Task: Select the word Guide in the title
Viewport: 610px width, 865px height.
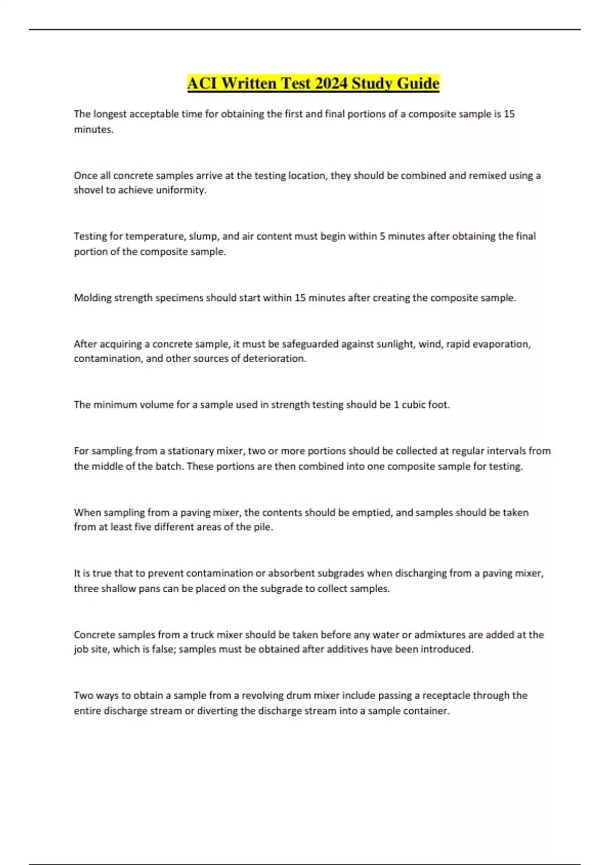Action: coord(417,83)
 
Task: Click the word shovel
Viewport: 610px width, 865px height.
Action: coord(88,190)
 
